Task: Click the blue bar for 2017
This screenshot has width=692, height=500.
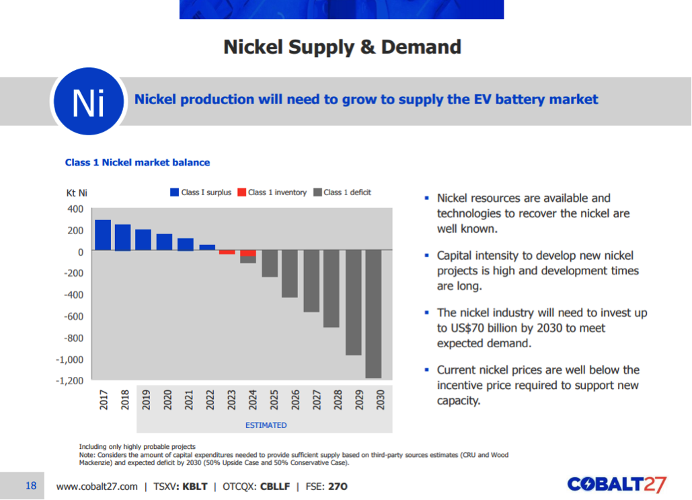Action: pos(103,235)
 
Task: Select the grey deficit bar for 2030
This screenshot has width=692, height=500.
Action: pos(373,314)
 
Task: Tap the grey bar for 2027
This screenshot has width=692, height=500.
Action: pos(311,281)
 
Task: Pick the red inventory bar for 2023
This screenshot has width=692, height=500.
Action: pos(227,252)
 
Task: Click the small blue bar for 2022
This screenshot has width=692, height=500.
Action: pos(207,248)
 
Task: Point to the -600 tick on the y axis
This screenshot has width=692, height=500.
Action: pos(73,316)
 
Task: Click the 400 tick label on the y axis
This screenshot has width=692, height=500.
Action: pos(75,209)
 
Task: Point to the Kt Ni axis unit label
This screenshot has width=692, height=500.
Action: pos(77,193)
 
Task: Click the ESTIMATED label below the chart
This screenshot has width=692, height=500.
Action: pos(266,425)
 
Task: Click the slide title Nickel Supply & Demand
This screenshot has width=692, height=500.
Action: pos(342,47)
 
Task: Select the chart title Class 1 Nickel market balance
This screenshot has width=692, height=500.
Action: pos(137,162)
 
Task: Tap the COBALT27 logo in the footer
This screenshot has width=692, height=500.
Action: pos(616,485)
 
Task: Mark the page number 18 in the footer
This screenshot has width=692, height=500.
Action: pos(31,485)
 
